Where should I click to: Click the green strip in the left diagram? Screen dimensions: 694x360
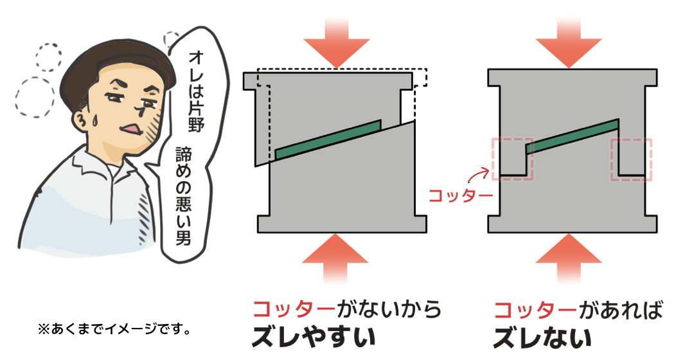[x=328, y=139]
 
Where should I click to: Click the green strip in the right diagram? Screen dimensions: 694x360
[x=573, y=136]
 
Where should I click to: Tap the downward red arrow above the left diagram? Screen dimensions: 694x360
[x=336, y=42]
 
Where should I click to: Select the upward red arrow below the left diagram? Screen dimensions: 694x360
[x=335, y=259]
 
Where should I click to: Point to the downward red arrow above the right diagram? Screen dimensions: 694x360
[x=568, y=42]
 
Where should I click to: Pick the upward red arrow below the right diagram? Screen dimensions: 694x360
[x=568, y=259]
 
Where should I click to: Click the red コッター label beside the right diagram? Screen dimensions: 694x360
[x=461, y=195]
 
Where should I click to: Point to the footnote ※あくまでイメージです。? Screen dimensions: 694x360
[x=114, y=329]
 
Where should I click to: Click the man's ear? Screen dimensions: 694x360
[x=83, y=121]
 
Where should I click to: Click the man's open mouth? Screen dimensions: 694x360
[x=132, y=129]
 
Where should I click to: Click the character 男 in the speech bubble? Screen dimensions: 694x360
[x=183, y=237]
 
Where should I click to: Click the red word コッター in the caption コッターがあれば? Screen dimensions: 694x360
[x=535, y=309]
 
